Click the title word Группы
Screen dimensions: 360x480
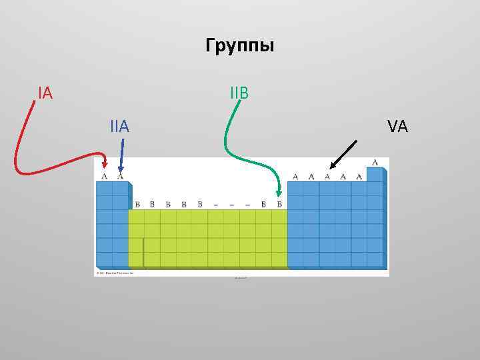240,47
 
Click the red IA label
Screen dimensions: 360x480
45,93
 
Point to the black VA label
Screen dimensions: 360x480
397,126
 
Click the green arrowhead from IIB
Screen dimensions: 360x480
279,193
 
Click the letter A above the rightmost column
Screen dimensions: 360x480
375,162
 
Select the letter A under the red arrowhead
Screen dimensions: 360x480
104,177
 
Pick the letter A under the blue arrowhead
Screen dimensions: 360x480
120,177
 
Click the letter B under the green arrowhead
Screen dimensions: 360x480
279,204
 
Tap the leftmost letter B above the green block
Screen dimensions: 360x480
137,204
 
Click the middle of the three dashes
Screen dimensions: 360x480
231,204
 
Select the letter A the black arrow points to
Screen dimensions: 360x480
327,177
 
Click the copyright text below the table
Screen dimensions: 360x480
115,273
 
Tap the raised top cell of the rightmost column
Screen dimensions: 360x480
375,174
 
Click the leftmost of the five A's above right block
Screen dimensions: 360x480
295,177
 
